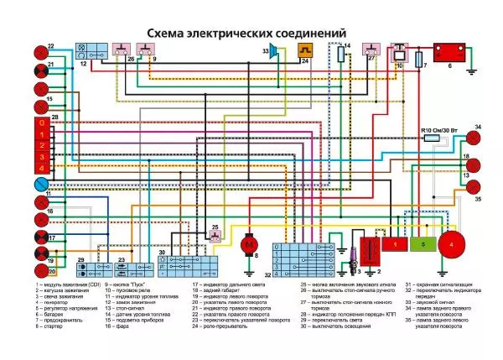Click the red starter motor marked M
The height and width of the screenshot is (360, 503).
coord(248,243)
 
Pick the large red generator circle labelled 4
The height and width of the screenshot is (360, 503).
coord(454,243)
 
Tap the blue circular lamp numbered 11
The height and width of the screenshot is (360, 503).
coord(39,184)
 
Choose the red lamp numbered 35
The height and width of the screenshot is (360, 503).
coord(474,186)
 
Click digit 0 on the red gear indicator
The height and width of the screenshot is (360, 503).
coord(40,123)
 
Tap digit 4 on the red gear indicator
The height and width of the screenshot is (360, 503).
coord(40,167)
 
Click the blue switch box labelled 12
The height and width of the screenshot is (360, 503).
coord(88,50)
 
